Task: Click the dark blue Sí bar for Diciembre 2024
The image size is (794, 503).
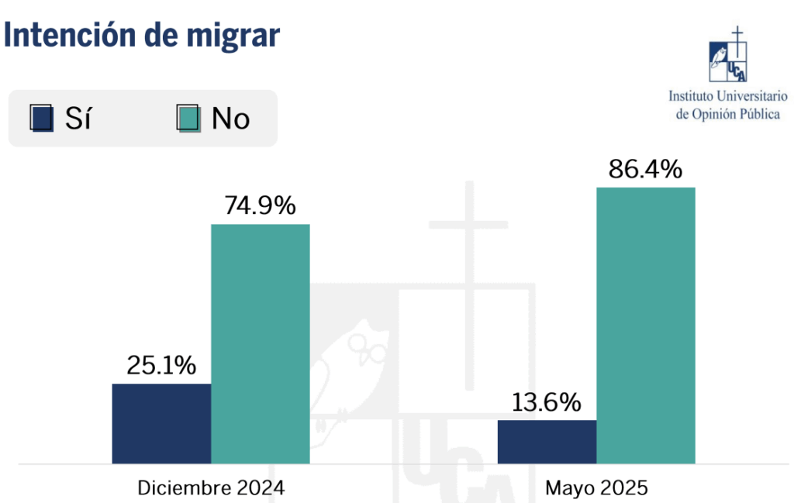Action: pyautogui.click(x=161, y=423)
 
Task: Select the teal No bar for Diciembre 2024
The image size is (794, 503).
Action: pyautogui.click(x=261, y=343)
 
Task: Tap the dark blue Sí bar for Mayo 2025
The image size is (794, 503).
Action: pyautogui.click(x=547, y=442)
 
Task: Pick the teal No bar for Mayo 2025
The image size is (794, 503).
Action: pyautogui.click(x=645, y=326)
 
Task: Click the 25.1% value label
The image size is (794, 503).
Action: pyautogui.click(x=161, y=365)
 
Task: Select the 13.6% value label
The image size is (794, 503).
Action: pyautogui.click(x=546, y=402)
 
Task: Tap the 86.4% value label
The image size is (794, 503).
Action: pyautogui.click(x=645, y=169)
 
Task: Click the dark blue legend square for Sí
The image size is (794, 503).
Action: pyautogui.click(x=42, y=118)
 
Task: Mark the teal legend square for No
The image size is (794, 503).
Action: pyautogui.click(x=188, y=118)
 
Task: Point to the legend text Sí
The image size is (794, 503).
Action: pyautogui.click(x=78, y=119)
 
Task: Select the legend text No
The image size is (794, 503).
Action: pyautogui.click(x=230, y=119)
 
